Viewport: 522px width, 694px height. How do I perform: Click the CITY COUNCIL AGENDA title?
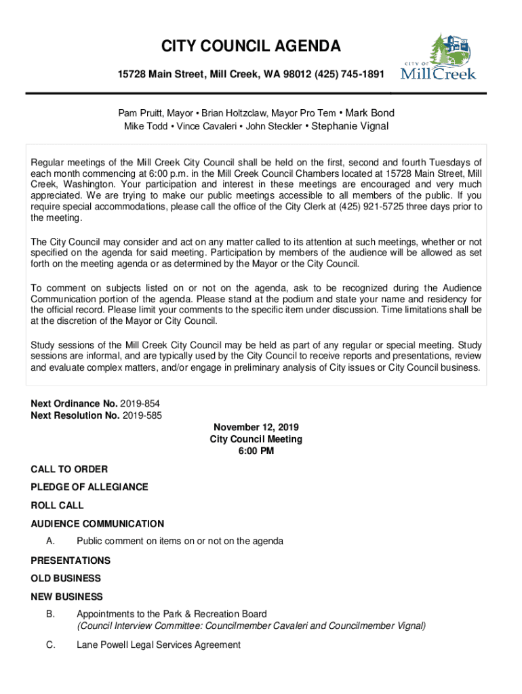251,47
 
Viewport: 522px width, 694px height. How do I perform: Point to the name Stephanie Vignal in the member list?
350,126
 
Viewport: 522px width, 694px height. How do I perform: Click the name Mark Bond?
370,113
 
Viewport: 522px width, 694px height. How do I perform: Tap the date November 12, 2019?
256,428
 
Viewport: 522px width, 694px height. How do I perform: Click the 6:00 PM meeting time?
256,451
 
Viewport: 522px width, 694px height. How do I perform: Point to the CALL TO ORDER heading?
69,469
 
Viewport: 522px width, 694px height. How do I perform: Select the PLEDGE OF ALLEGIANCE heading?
89,487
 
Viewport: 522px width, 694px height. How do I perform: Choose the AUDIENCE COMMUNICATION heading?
98,523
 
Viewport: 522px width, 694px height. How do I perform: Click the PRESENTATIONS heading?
71,560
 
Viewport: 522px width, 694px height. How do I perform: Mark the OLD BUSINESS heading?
66,578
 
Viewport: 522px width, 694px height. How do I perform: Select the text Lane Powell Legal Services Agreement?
159,645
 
